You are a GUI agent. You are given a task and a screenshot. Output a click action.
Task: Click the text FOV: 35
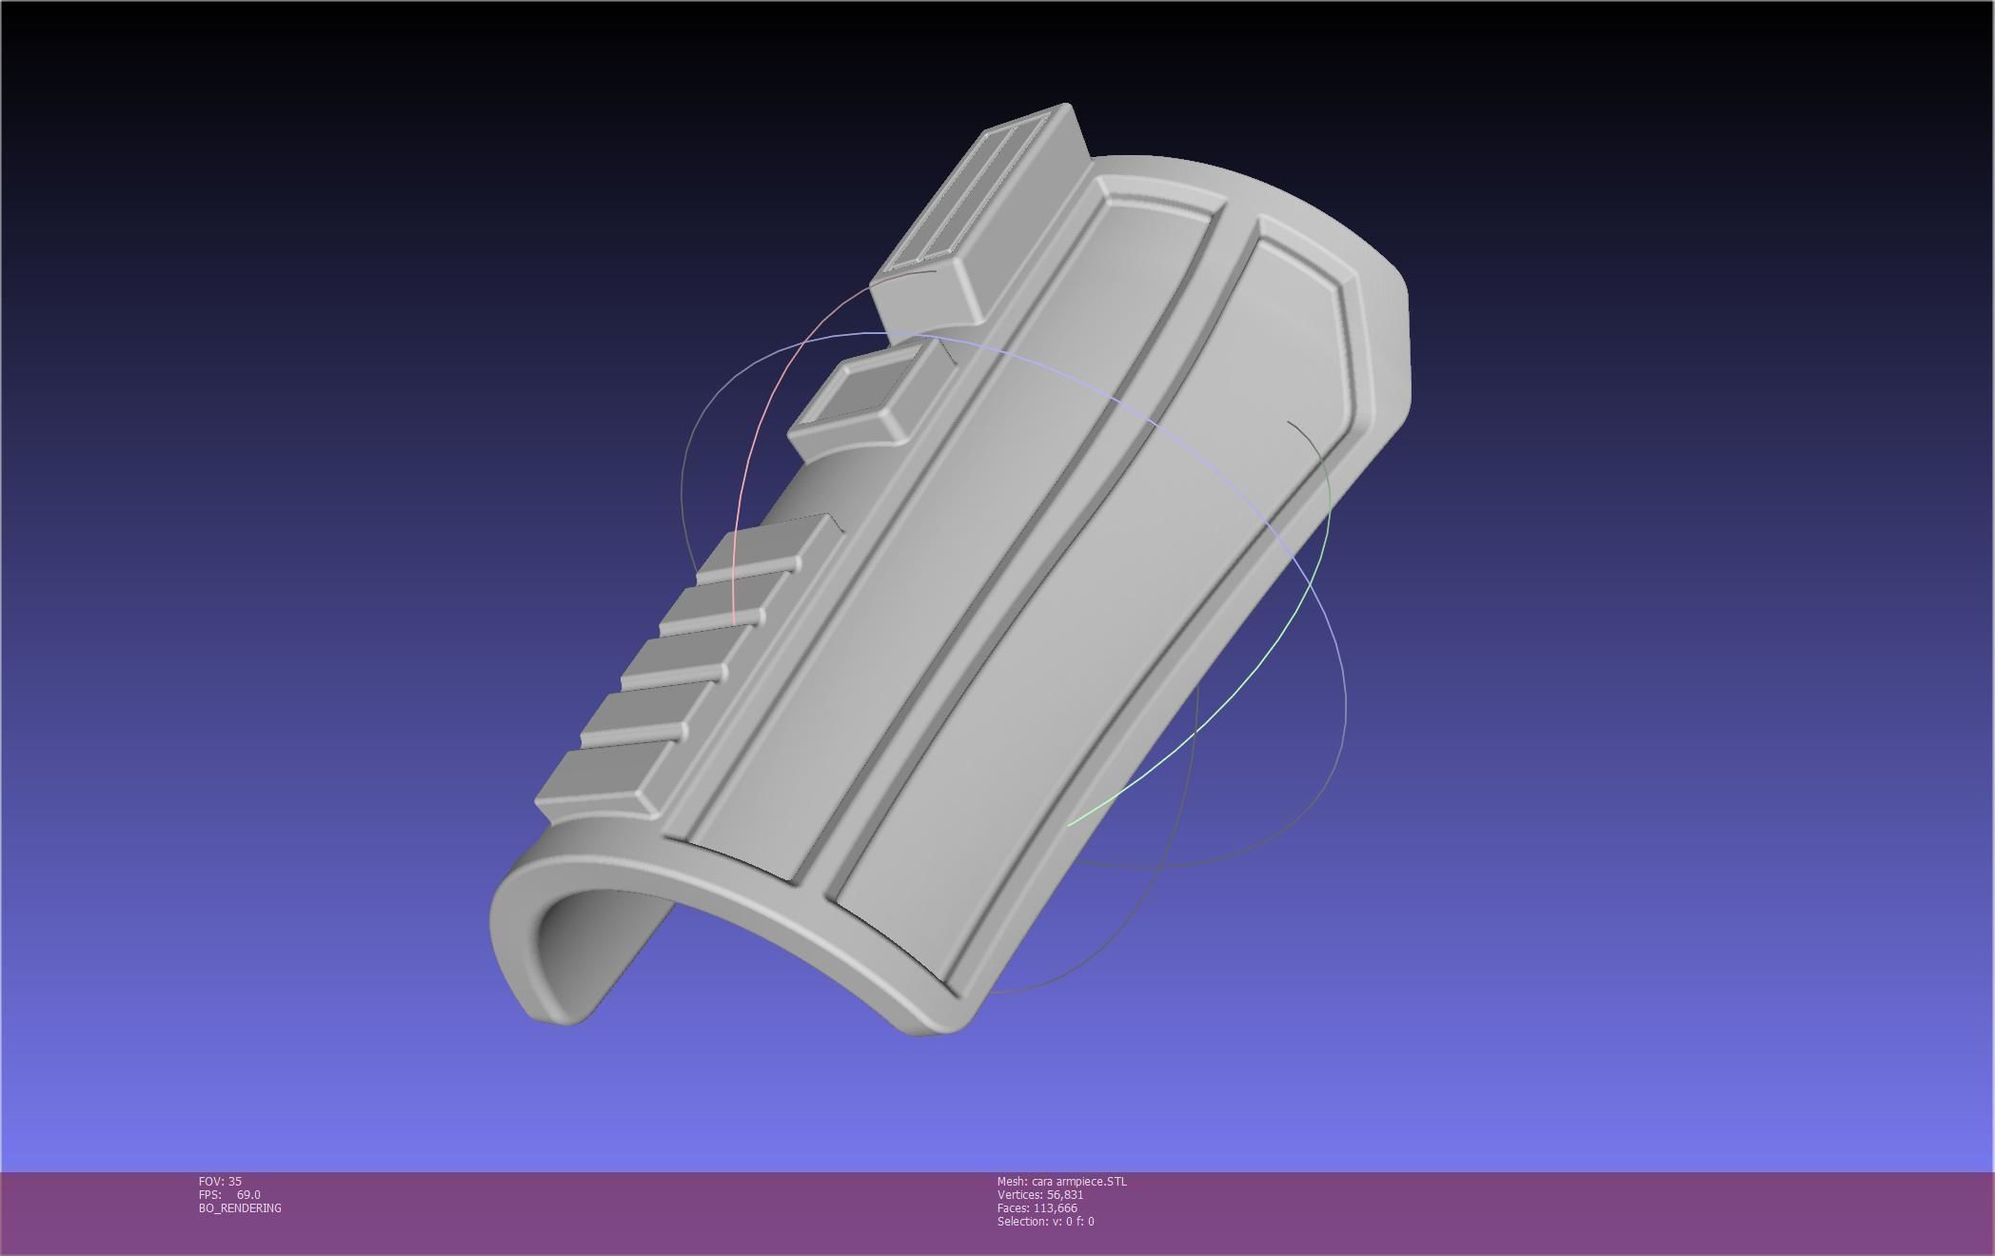(x=220, y=1182)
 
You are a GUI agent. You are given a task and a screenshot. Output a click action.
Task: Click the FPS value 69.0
(x=247, y=1195)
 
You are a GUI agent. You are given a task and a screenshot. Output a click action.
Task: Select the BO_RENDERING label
(x=240, y=1208)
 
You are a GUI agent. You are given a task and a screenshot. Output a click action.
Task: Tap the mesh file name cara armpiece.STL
(x=1078, y=1182)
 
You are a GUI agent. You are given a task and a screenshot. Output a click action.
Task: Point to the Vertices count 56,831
(x=1064, y=1195)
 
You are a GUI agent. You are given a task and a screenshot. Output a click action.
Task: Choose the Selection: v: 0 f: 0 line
(x=1045, y=1222)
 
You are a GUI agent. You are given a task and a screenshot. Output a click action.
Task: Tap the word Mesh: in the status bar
(x=1012, y=1182)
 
